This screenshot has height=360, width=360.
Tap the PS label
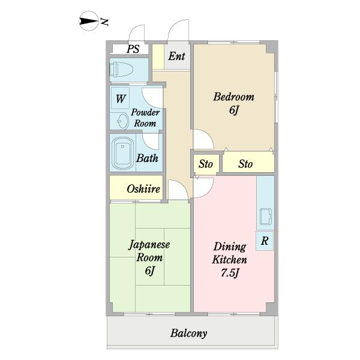pyautogui.click(x=133, y=49)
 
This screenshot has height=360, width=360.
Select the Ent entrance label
pyautogui.click(x=176, y=57)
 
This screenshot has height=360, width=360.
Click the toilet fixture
pyautogui.click(x=121, y=70)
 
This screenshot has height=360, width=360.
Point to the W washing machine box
pyautogui.click(x=121, y=97)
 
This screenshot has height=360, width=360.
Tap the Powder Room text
pyautogui.click(x=145, y=118)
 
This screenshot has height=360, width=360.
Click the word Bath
pyautogui.click(x=147, y=159)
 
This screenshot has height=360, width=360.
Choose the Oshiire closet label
pyautogui.click(x=143, y=189)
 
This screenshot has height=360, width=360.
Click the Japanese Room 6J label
pyautogui.click(x=149, y=257)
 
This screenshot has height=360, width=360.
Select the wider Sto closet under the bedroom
pyautogui.click(x=245, y=164)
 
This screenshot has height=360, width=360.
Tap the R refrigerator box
pyautogui.click(x=265, y=241)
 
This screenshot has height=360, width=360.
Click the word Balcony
pyautogui.click(x=189, y=333)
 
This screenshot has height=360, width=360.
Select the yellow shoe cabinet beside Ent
pyautogui.click(x=157, y=57)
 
